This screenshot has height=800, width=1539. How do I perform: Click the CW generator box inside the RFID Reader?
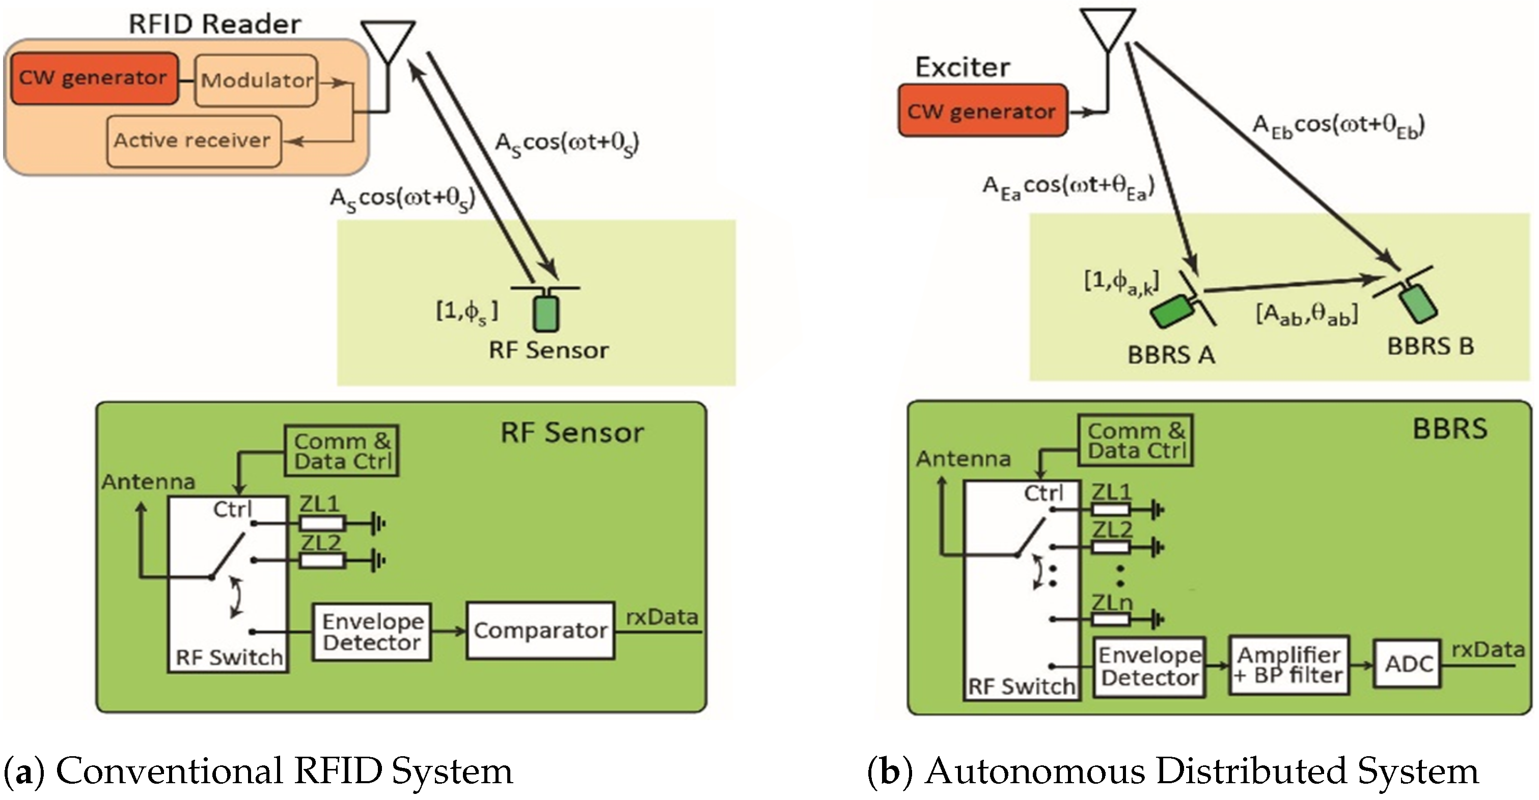pos(94,78)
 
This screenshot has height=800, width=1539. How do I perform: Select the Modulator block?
pos(256,80)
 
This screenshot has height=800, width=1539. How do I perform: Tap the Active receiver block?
pos(193,141)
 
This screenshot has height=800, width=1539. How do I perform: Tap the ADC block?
pos(1408,664)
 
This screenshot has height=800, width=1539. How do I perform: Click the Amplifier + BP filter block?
pos(1288,665)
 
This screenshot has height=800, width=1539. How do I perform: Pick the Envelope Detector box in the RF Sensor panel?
pos(372,632)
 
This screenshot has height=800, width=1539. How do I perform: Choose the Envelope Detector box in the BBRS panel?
pos(1149,667)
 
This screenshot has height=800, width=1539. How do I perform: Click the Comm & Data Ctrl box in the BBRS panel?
pos(1135,441)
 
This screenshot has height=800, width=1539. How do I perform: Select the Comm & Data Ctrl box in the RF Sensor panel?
pos(341,451)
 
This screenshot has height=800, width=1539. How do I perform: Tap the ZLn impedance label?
pos(1111,602)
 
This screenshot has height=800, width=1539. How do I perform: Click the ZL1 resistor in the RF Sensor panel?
pos(322,524)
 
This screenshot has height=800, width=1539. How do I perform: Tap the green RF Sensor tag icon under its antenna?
pos(545,315)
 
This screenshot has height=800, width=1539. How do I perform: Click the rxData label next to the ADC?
pos(1487,649)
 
